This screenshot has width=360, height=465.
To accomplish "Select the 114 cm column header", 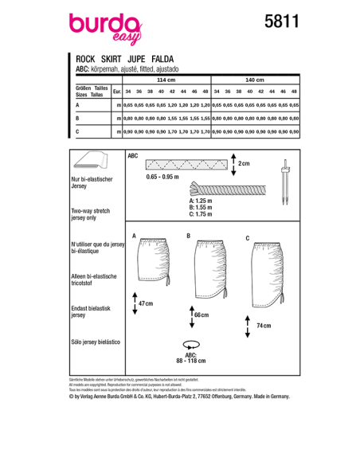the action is coord(165,80).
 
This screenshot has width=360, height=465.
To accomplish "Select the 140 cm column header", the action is coord(255,80).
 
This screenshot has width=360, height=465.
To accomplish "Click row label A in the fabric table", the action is coord(77,104).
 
